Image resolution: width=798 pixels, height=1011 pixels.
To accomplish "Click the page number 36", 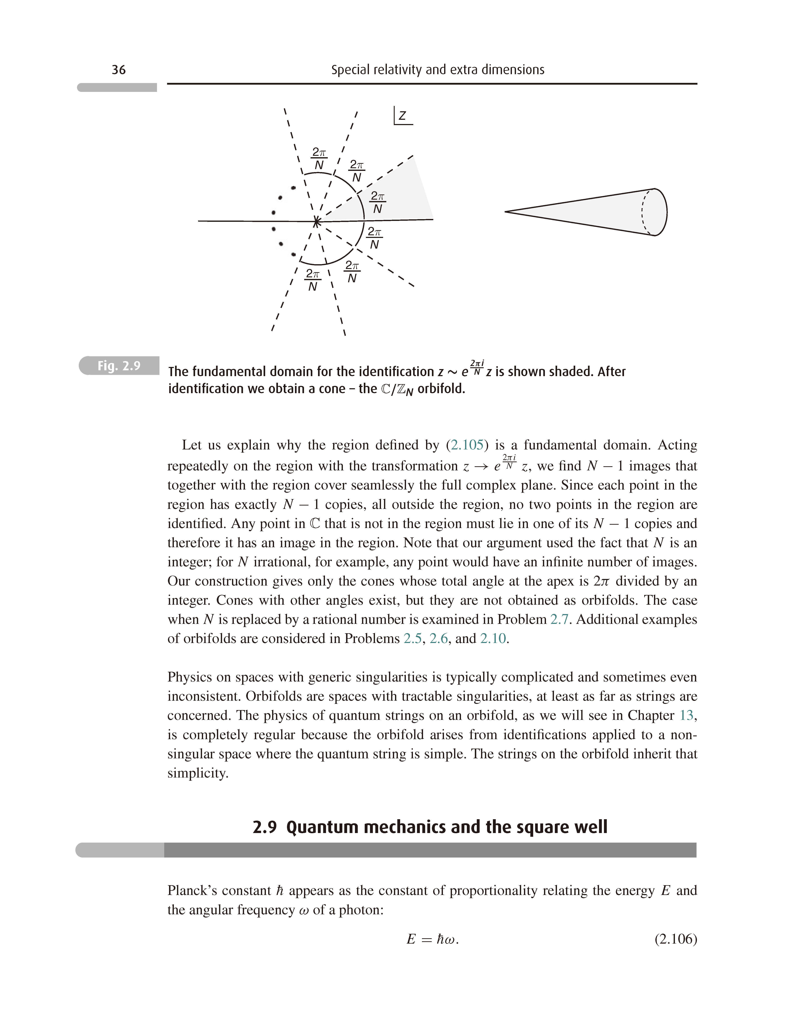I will (119, 70).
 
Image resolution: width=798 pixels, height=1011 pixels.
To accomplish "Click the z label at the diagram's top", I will (402, 116).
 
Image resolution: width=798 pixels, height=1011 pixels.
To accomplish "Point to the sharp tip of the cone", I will (506, 212).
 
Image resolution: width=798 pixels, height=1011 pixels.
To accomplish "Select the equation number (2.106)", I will (676, 939).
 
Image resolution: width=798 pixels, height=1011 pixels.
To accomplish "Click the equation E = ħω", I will (433, 939).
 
